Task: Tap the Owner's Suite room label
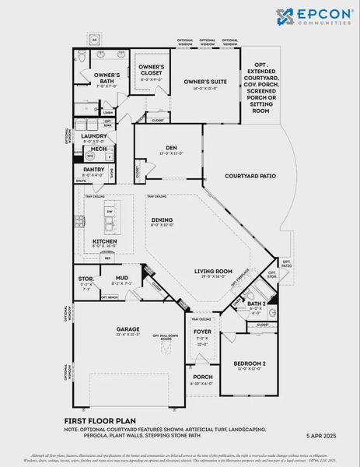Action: coord(205,81)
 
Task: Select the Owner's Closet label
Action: coord(151,67)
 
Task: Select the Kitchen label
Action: coord(105,241)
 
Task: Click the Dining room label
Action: coord(162,220)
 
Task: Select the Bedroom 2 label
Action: coord(250,363)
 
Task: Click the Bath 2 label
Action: coord(257,304)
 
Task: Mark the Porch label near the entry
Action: coord(201,377)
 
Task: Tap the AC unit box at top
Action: coord(95,37)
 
